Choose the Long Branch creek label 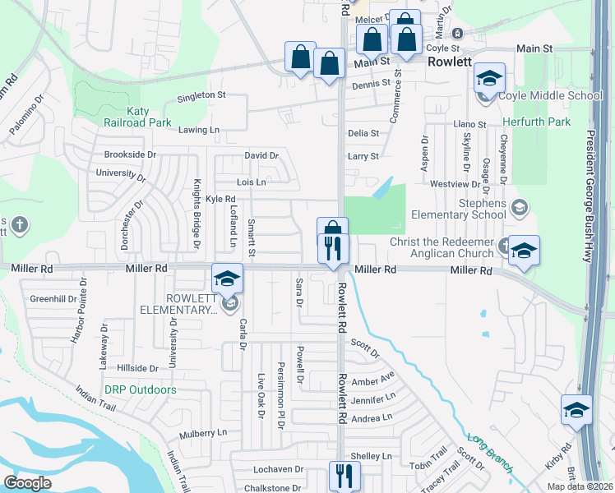click(x=491, y=452)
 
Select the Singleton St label click(x=202, y=95)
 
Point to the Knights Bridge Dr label click(x=197, y=213)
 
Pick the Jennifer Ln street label click(x=373, y=399)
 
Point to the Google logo click(x=27, y=483)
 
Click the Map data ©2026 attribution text click(x=579, y=486)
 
